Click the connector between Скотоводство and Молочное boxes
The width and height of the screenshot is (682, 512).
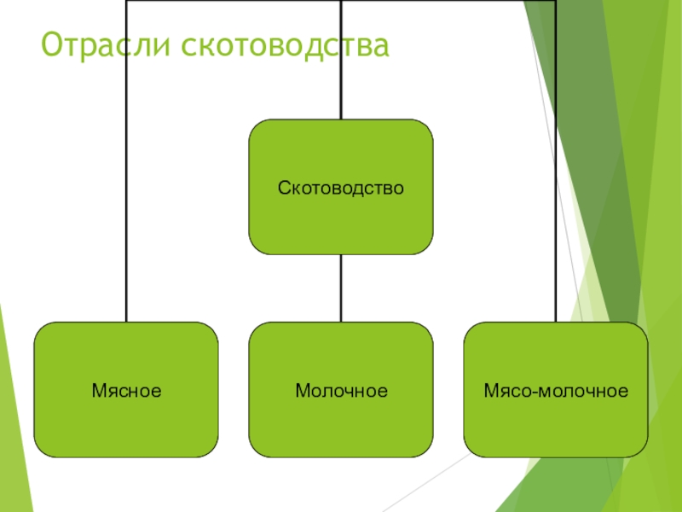[x=341, y=288]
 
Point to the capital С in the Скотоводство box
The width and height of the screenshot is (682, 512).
[x=282, y=187]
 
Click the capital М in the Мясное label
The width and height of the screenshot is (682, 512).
[x=97, y=392]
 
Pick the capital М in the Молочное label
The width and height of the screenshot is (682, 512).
[x=302, y=392]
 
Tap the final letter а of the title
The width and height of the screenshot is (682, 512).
[x=381, y=47]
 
